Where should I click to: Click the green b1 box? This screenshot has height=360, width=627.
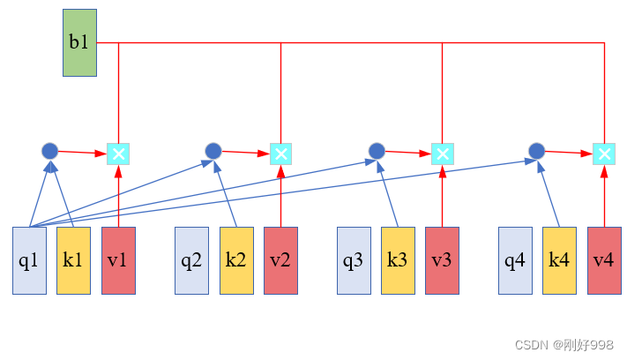click(x=79, y=42)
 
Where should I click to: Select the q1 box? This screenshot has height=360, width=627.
click(x=29, y=260)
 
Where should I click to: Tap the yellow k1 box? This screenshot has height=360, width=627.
click(x=73, y=260)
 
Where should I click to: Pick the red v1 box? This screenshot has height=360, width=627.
click(x=118, y=260)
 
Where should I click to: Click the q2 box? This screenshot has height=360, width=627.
click(x=191, y=260)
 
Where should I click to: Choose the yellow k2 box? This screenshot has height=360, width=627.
click(x=236, y=260)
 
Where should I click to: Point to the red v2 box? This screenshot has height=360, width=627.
click(x=280, y=260)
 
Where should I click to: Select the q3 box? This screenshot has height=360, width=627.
click(x=354, y=260)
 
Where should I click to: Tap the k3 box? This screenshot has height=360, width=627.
click(x=398, y=260)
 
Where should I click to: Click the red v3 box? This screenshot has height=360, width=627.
click(x=442, y=260)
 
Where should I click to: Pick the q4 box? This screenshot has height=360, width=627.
click(x=515, y=260)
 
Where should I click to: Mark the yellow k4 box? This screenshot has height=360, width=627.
click(x=559, y=260)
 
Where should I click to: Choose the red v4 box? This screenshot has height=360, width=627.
click(x=604, y=260)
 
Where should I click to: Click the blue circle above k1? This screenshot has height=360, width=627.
click(x=50, y=151)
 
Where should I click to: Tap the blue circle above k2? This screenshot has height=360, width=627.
click(x=213, y=151)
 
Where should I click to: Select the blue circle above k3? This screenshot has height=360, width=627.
click(x=377, y=151)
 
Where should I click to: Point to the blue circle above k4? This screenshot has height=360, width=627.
click(x=537, y=151)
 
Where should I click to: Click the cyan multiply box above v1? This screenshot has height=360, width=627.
click(x=118, y=154)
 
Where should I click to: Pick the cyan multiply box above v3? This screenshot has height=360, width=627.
click(x=443, y=154)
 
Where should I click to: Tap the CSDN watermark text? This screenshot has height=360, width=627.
click(x=564, y=345)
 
